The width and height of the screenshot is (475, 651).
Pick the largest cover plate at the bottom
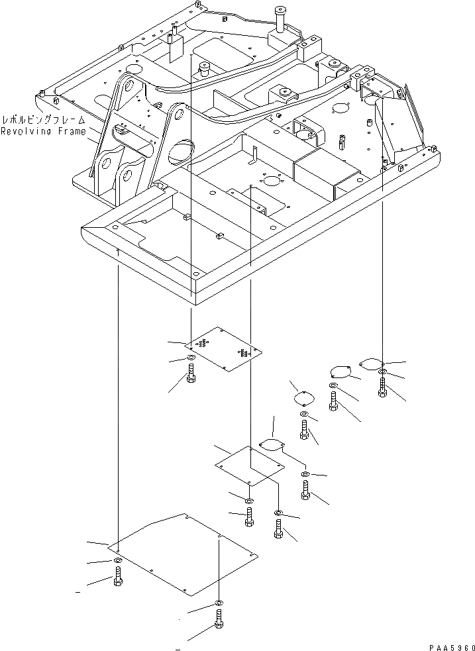coord(182,553)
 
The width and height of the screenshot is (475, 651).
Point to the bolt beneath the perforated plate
coord(191,378)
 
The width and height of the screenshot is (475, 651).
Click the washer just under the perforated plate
coord(191,359)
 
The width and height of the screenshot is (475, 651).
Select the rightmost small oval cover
coord(371,363)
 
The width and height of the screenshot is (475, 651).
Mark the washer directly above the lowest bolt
coord(219,603)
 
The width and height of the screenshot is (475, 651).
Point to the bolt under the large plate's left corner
coord(117,577)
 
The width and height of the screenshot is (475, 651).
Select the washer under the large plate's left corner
coord(117,561)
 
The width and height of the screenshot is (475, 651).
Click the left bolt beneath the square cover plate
coord(248,517)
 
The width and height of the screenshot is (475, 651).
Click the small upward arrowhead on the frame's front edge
coord(117,252)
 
